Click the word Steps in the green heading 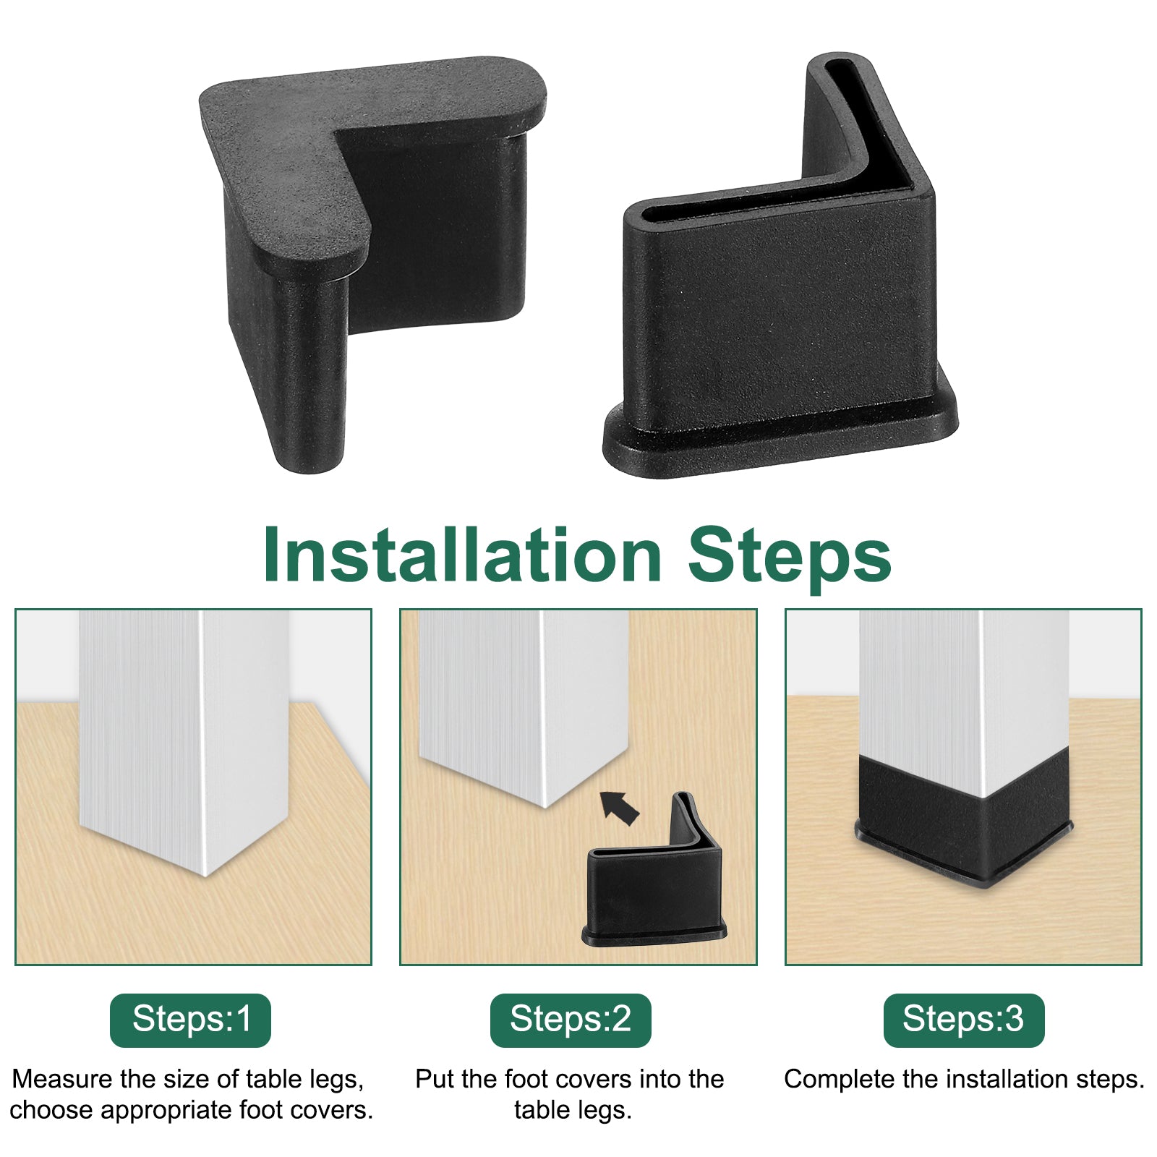coord(790,558)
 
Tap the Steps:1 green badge coord(190,1020)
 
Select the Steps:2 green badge coord(571,1020)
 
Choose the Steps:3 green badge coord(964,1020)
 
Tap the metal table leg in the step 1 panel coord(184,738)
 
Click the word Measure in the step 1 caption coord(63,1079)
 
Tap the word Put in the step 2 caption coord(434,1079)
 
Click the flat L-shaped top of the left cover coord(289,166)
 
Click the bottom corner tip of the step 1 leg coord(207,876)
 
